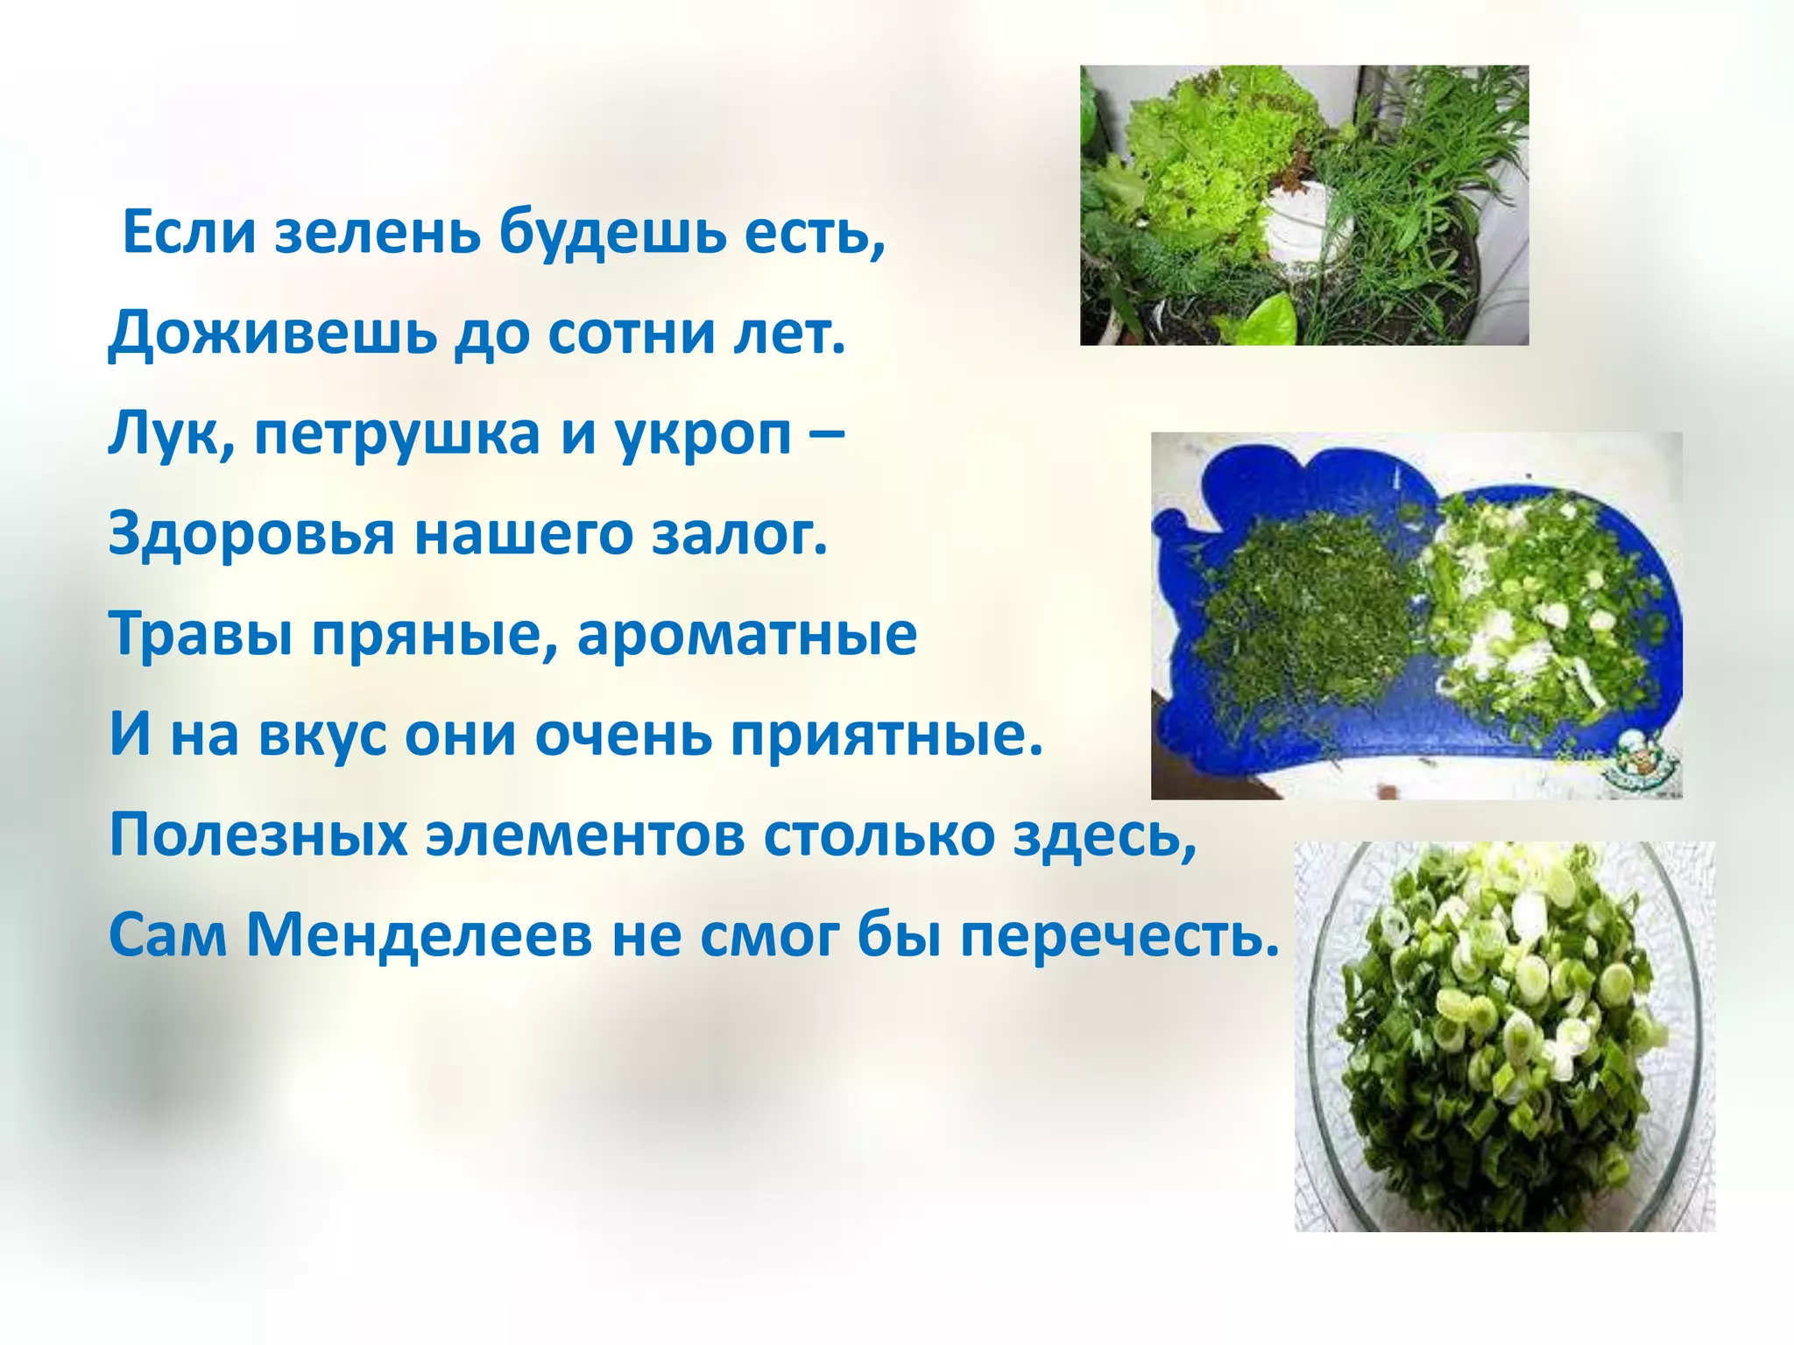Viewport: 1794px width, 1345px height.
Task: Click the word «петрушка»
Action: [x=397, y=435]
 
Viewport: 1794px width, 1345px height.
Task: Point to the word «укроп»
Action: [x=703, y=435]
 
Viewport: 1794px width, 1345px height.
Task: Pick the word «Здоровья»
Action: [x=251, y=535]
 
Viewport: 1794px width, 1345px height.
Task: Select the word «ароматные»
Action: [x=746, y=635]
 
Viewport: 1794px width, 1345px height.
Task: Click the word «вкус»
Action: [x=321, y=735]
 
